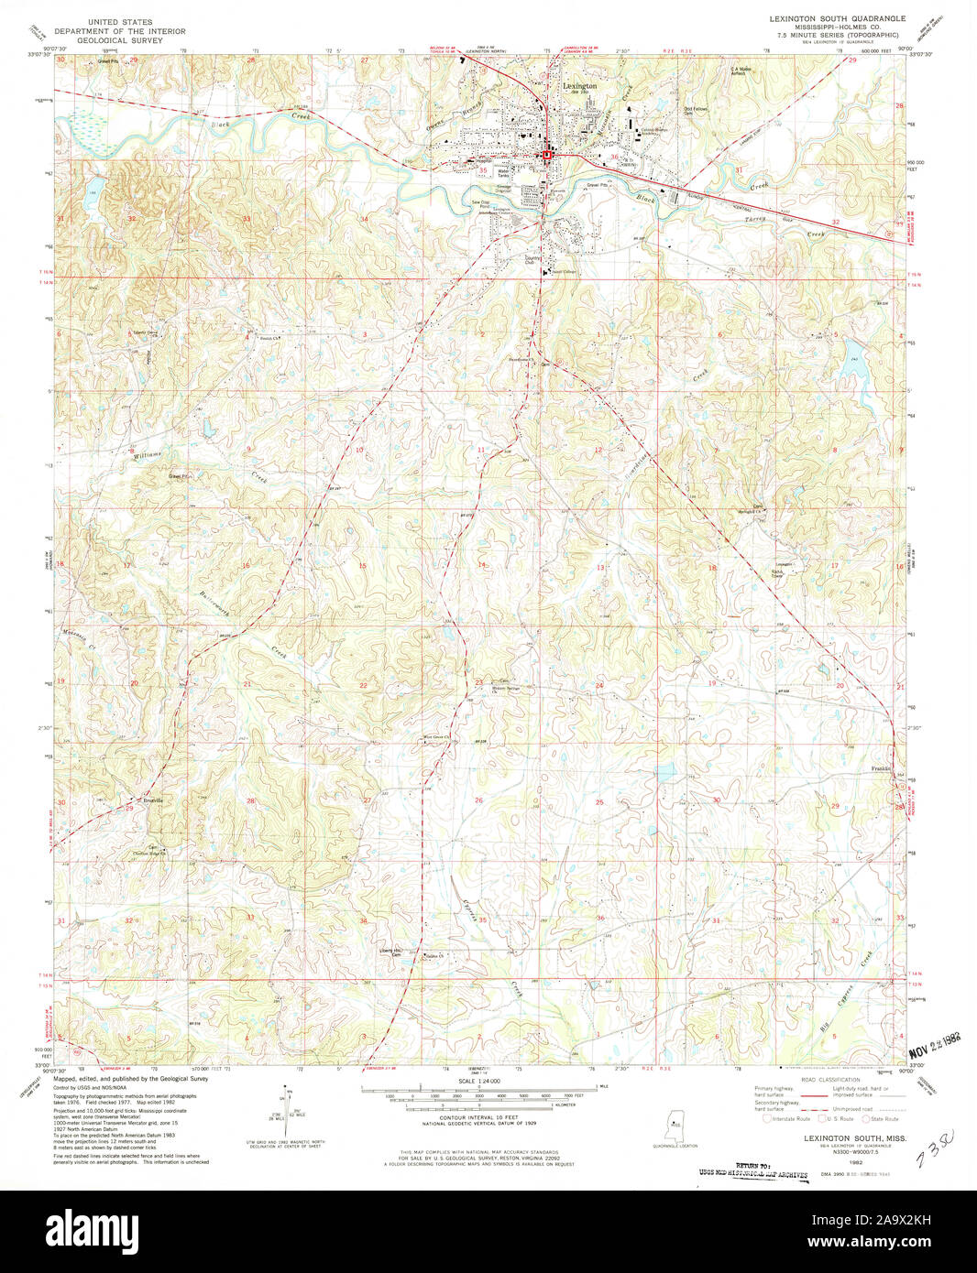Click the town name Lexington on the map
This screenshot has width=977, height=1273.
(x=578, y=86)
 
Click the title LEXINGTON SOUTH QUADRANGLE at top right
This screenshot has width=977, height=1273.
(x=826, y=18)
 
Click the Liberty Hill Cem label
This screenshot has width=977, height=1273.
(x=393, y=952)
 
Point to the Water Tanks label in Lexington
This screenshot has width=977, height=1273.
(x=503, y=172)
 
